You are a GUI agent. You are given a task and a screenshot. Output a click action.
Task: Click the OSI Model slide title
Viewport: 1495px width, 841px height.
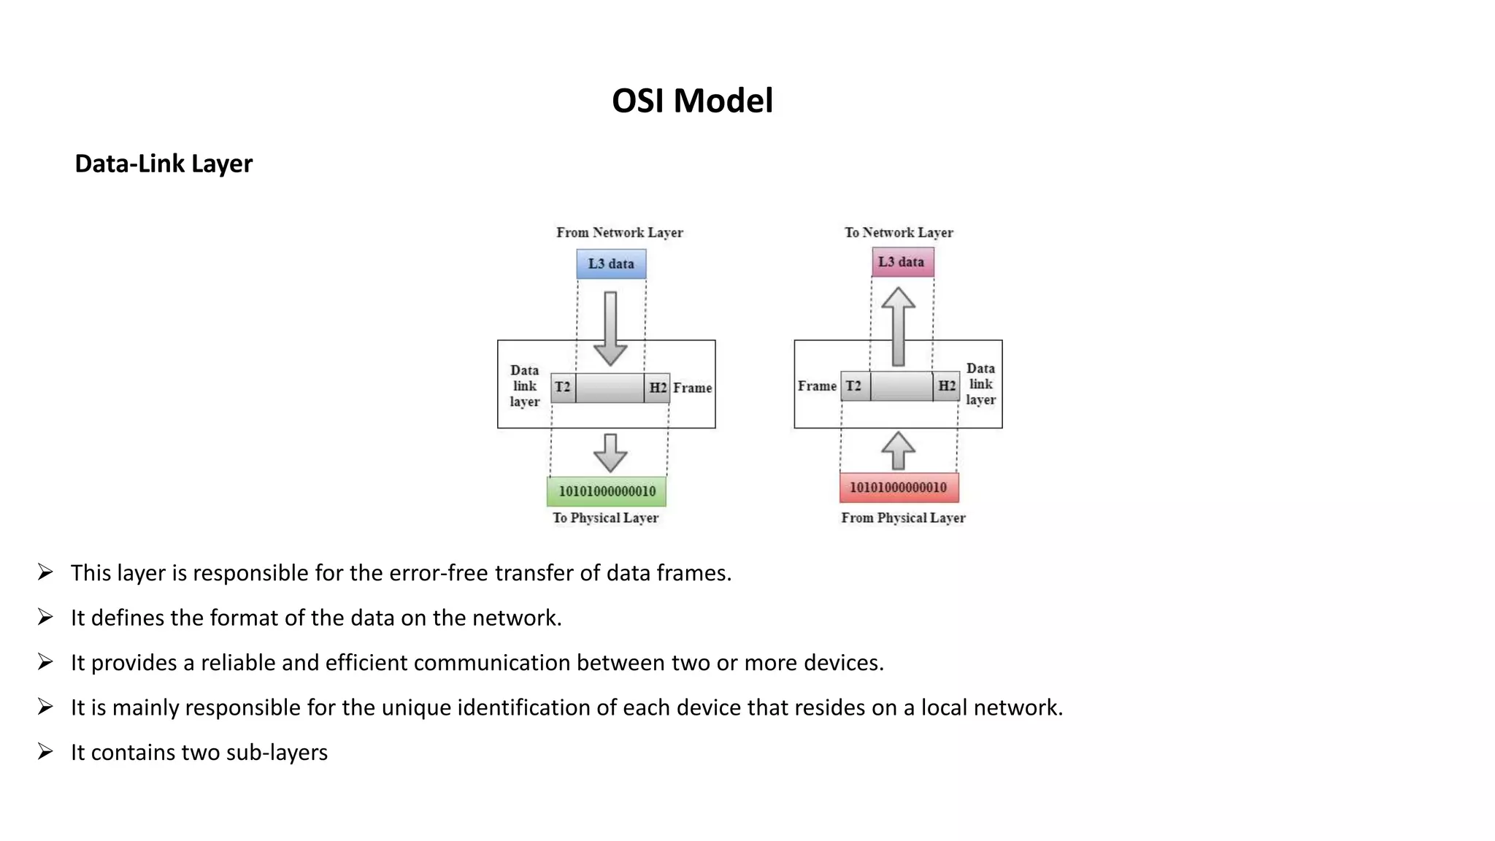[692, 101]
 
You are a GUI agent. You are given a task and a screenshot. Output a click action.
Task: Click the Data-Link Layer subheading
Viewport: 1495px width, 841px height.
[164, 164]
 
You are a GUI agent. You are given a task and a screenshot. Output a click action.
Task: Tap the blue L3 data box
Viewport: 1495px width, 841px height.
[611, 264]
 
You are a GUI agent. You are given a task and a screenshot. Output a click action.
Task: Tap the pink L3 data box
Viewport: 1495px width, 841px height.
[902, 262]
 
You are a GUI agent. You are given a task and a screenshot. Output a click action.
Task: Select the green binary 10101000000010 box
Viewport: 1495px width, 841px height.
[607, 491]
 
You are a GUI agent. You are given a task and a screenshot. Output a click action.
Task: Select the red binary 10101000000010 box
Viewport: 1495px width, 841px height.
[899, 488]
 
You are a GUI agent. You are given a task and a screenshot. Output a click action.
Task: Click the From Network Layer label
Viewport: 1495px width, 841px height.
[619, 233]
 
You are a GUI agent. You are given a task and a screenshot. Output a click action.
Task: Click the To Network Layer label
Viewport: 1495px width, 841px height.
[899, 233]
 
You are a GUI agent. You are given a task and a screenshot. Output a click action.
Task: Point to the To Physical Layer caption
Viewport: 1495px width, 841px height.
[605, 518]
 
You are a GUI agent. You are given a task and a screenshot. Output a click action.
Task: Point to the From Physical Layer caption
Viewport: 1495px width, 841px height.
[903, 518]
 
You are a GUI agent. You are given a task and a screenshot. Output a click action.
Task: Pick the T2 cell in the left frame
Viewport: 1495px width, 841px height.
[563, 387]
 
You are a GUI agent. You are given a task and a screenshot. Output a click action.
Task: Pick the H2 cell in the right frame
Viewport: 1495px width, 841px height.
[947, 385]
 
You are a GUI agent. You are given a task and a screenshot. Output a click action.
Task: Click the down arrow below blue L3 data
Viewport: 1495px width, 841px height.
[610, 329]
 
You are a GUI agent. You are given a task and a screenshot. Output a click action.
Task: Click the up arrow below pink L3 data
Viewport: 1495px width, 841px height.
[898, 326]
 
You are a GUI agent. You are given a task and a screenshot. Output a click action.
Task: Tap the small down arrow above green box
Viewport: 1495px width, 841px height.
[610, 453]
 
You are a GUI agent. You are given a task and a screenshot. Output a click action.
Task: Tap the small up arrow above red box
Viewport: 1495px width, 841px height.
[898, 450]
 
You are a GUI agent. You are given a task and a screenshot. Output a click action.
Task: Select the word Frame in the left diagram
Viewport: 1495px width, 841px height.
[692, 388]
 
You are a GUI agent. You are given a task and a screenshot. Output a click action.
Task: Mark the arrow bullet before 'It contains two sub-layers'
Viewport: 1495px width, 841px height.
[45, 751]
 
